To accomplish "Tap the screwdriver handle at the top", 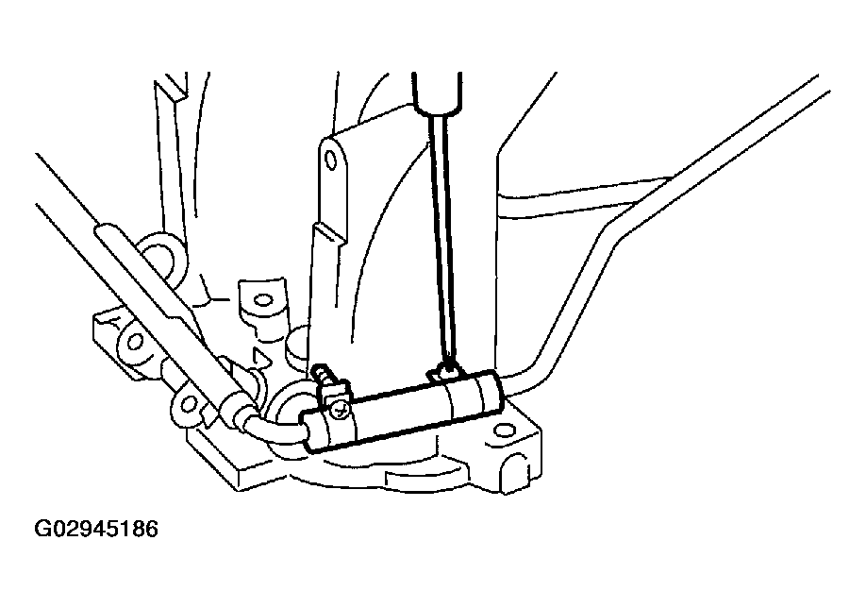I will click(x=437, y=90).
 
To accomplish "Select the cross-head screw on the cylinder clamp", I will click(x=339, y=409).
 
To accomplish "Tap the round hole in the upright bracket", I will click(x=331, y=158).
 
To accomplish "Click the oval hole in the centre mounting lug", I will click(x=264, y=303).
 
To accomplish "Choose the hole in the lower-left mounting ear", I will click(x=188, y=404).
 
